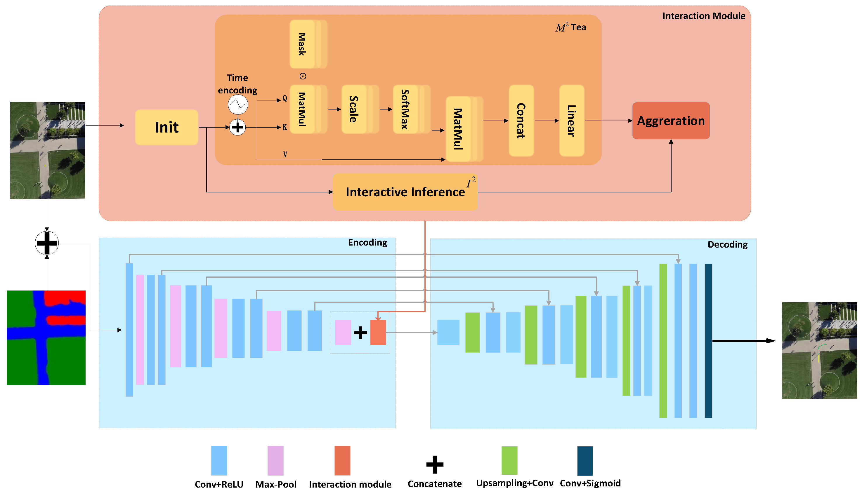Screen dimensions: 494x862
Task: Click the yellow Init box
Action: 166,127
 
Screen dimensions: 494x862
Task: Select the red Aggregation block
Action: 671,121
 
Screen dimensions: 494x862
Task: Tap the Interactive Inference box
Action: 405,192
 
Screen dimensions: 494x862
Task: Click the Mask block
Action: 302,44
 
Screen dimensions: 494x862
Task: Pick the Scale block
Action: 354,109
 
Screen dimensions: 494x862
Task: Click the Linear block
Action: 571,121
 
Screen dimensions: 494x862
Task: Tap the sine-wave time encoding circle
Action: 237,105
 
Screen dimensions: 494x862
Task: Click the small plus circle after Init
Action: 237,128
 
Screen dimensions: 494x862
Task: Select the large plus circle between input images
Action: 47,243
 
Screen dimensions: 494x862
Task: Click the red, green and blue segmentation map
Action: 46,338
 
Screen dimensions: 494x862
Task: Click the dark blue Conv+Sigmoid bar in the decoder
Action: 708,341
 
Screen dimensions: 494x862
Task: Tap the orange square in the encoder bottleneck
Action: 378,333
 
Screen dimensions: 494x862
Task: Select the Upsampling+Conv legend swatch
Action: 509,460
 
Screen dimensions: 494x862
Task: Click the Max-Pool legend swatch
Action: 275,460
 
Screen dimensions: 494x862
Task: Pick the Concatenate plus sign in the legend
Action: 435,465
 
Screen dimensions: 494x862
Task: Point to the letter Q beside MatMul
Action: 285,98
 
